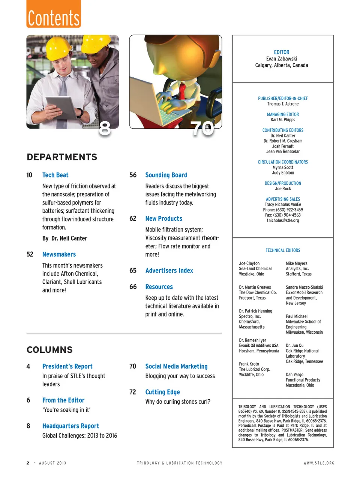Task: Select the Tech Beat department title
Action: [55, 175]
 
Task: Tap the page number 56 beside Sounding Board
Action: [133, 175]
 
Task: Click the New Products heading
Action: [163, 218]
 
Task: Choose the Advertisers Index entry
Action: [169, 271]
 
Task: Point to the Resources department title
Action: [159, 287]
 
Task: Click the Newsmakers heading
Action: [59, 254]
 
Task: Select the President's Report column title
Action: [67, 366]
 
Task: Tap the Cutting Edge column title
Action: [162, 392]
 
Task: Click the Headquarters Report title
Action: [70, 426]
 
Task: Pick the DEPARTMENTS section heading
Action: [62, 157]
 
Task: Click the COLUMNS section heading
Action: [49, 350]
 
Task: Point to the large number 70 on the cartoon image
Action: [202, 129]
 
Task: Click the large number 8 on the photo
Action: [105, 128]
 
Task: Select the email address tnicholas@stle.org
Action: [283, 221]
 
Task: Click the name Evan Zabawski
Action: [282, 59]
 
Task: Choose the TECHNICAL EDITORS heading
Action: [283, 250]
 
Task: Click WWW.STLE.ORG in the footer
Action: [319, 463]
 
